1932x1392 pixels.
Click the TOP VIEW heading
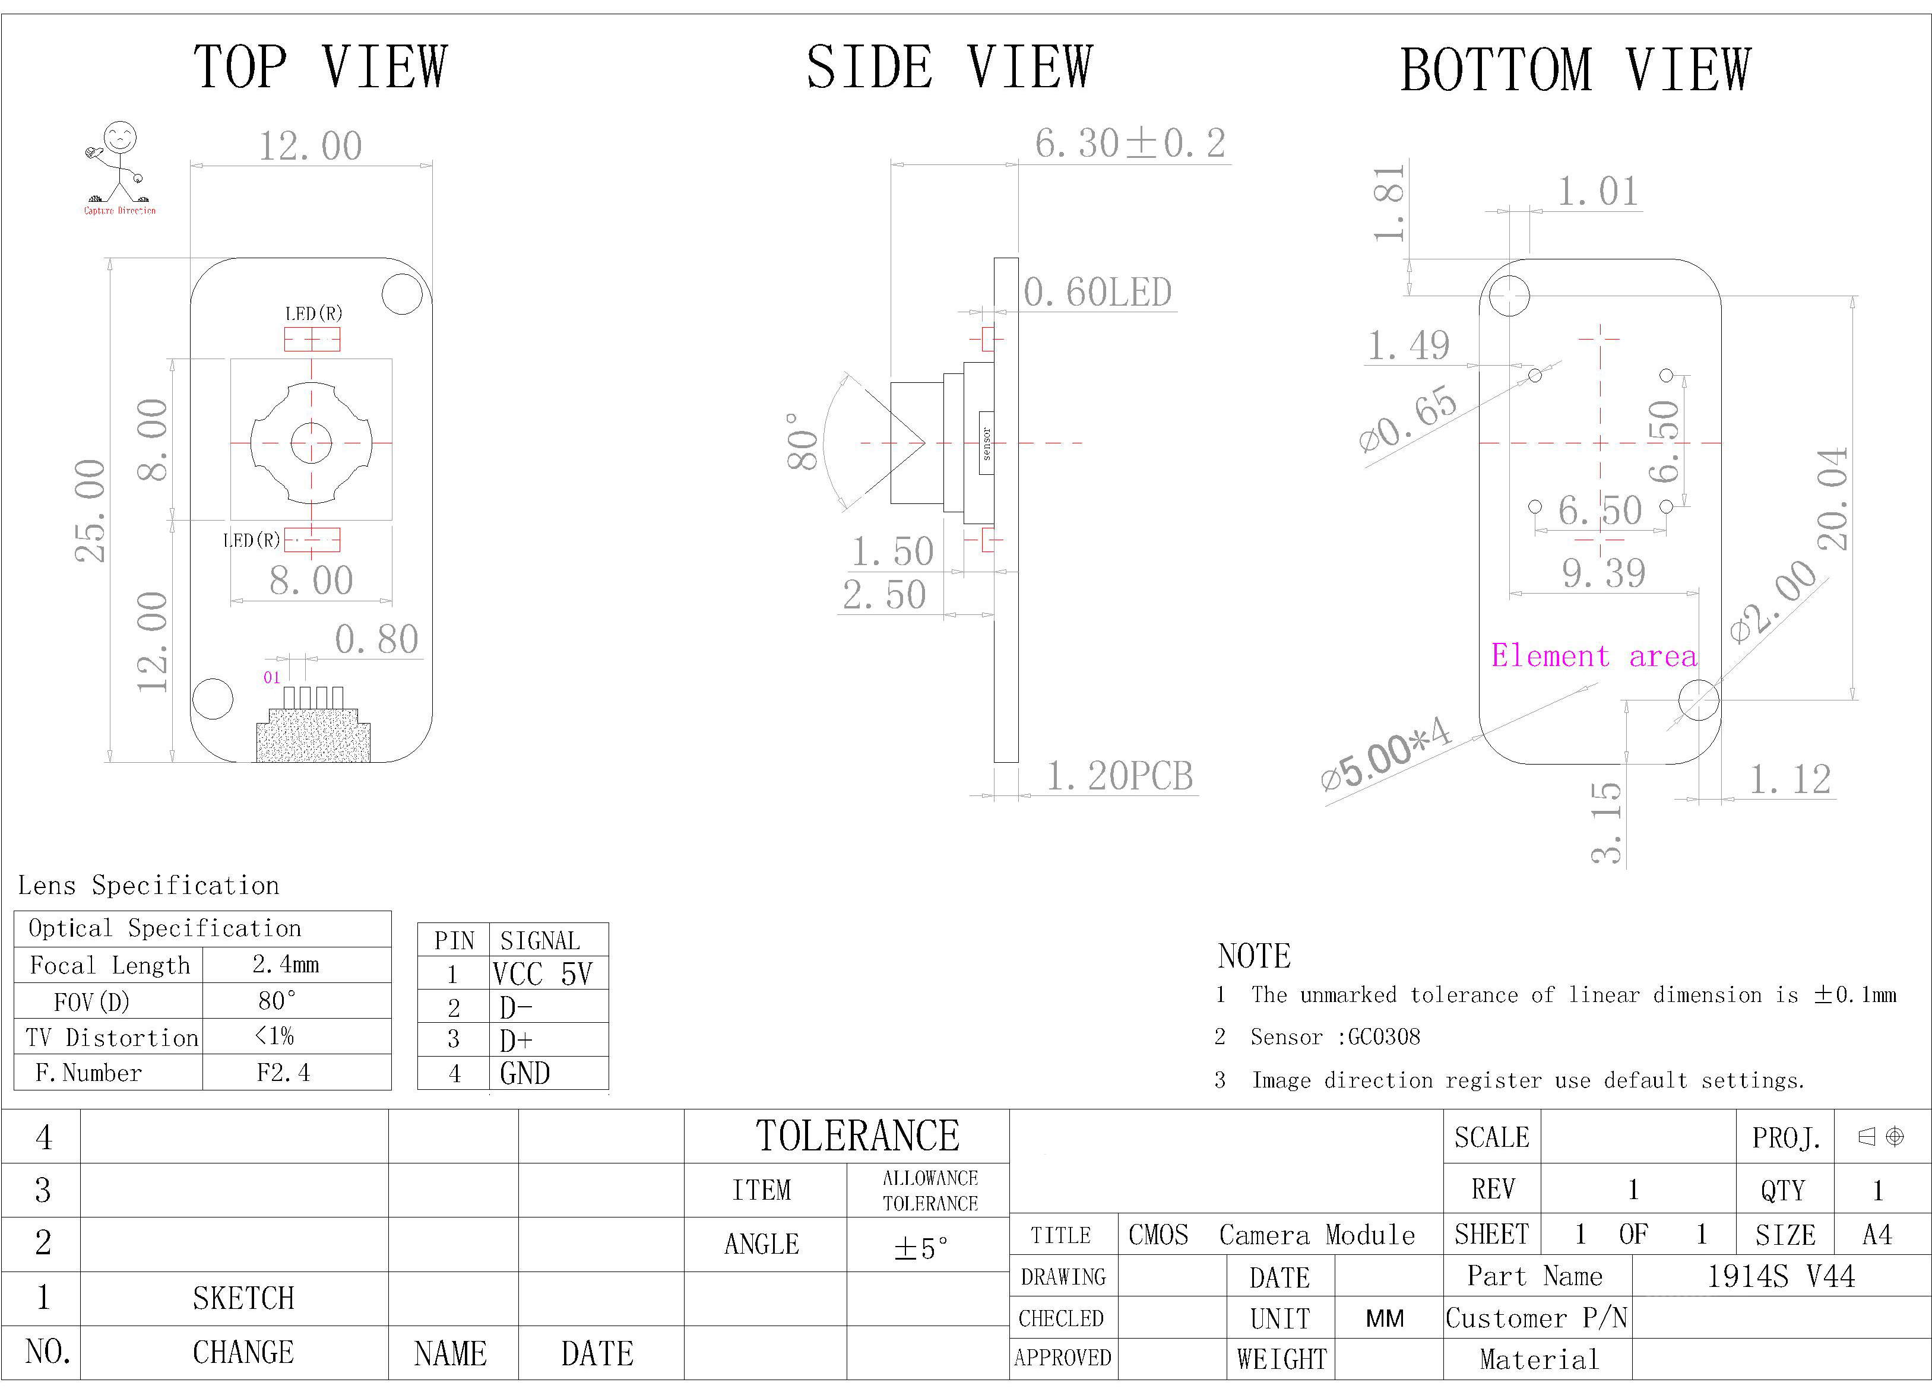[320, 66]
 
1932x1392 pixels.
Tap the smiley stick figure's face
[120, 137]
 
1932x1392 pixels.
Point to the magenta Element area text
[1594, 656]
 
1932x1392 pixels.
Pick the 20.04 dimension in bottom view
[1832, 499]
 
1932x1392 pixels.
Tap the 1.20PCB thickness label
[1119, 775]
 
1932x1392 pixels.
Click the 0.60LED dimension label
[1097, 292]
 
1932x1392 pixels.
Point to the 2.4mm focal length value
[286, 965]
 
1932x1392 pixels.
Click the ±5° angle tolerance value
[920, 1248]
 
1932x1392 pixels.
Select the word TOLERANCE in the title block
[858, 1136]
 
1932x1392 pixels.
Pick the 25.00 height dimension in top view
[90, 510]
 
